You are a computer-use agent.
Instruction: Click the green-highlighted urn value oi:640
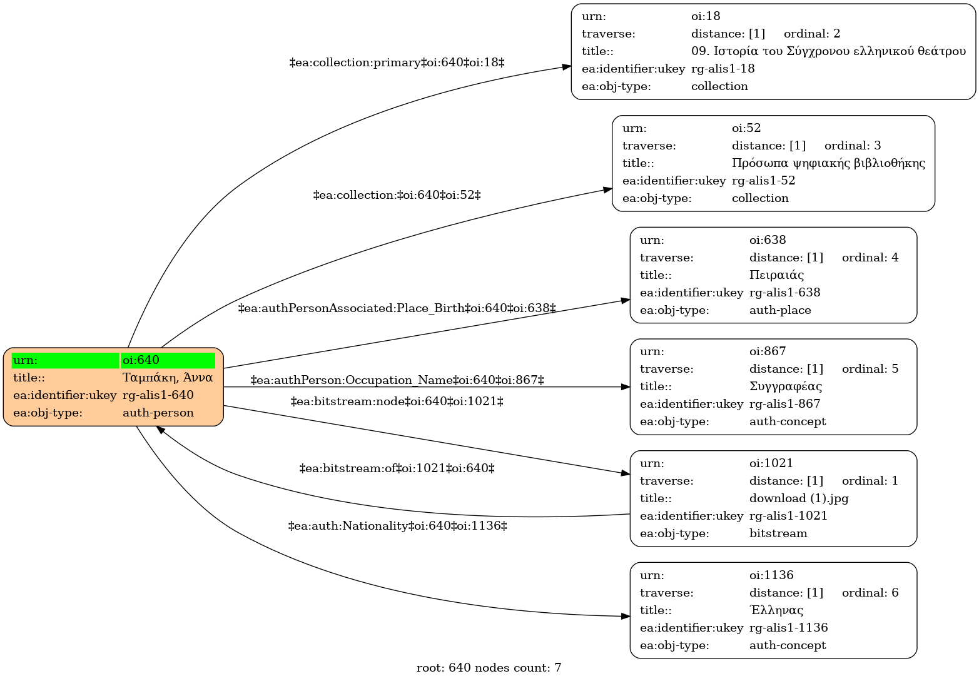(x=141, y=360)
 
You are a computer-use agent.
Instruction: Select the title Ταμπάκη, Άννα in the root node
(x=168, y=378)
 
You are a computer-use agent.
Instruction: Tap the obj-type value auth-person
(x=158, y=413)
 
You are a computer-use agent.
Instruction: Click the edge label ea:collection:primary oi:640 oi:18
(x=397, y=63)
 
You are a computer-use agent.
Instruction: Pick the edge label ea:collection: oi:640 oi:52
(x=397, y=195)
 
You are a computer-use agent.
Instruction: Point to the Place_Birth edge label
(x=397, y=308)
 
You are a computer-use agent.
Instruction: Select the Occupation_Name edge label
(x=397, y=380)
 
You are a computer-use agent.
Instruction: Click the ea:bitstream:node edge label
(x=397, y=401)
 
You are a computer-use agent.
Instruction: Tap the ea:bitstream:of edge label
(x=397, y=468)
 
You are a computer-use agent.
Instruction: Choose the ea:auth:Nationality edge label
(x=397, y=525)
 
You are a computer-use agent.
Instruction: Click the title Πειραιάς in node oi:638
(x=776, y=275)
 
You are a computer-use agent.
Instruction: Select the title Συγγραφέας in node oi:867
(x=785, y=386)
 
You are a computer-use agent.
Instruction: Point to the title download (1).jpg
(x=798, y=498)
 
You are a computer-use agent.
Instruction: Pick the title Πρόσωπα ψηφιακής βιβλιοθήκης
(x=828, y=163)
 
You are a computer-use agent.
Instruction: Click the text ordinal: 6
(x=870, y=593)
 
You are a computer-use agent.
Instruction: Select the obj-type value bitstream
(x=778, y=533)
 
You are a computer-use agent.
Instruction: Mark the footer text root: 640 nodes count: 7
(x=489, y=668)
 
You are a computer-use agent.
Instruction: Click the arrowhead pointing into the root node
(x=160, y=430)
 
